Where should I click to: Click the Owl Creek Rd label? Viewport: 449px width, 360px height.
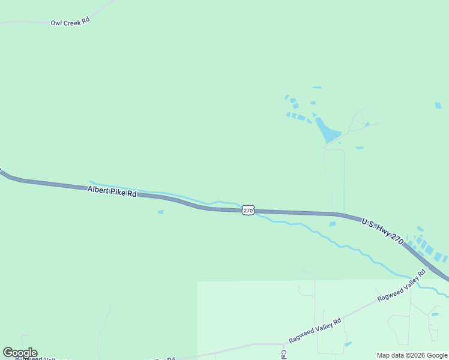point(70,22)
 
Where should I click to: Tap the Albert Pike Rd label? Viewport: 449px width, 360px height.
point(112,191)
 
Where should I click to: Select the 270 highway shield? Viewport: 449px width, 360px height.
point(249,210)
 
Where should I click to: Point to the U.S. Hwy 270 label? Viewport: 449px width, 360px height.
point(382,230)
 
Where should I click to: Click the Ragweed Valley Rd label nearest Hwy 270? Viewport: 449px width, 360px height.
point(401,286)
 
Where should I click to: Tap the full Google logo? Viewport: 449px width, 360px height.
point(20,353)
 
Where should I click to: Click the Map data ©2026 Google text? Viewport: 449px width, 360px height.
point(412,355)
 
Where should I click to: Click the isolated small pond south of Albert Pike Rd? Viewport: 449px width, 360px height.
point(160,212)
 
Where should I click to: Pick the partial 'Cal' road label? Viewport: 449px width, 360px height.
point(284,355)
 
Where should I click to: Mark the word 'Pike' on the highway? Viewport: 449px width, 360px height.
point(119,192)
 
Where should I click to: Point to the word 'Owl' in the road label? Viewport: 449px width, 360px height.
point(56,22)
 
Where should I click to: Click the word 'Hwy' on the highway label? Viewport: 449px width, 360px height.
point(382,230)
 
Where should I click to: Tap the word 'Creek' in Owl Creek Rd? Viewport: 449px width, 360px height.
point(71,22)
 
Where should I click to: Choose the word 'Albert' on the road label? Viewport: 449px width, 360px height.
point(98,190)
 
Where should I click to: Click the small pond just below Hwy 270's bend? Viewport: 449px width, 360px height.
point(333,224)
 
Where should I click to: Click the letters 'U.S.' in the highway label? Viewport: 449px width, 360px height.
point(367,223)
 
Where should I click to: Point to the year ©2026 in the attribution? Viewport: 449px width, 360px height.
point(415,355)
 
